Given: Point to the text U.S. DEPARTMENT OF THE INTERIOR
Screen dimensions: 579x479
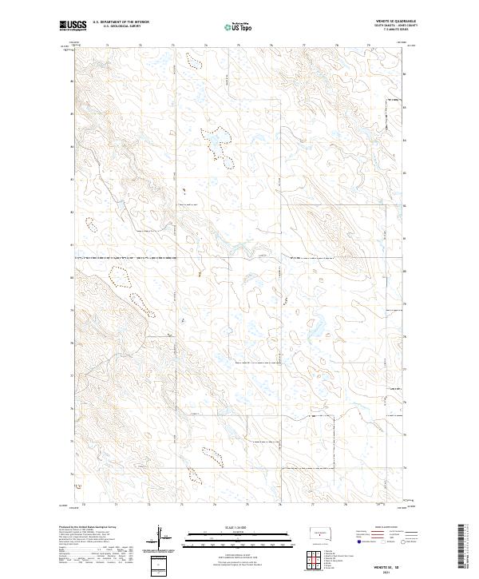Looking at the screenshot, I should [121, 22].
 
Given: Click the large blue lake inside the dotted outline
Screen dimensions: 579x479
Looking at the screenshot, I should [215, 145].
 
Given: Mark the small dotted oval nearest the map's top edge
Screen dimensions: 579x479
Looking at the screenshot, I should [191, 58].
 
